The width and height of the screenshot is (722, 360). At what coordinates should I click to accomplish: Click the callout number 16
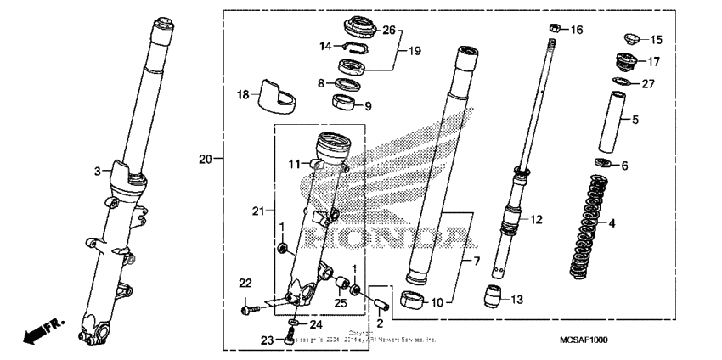577,30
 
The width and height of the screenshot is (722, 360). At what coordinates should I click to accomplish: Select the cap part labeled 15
631,39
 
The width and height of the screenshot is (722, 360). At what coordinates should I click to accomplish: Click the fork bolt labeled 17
627,63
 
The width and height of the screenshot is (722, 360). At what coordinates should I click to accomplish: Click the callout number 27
648,84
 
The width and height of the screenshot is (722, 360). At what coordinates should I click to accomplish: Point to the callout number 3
98,172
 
